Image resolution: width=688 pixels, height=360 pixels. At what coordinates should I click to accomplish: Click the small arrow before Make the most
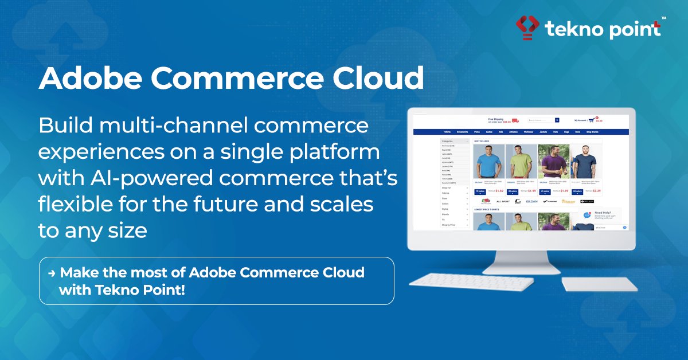click(x=52, y=273)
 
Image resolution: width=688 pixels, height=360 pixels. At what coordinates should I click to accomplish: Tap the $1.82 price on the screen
click(x=499, y=190)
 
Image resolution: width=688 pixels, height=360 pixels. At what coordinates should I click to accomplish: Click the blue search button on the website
click(x=557, y=120)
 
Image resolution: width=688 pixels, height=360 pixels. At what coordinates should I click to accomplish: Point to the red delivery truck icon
click(x=515, y=120)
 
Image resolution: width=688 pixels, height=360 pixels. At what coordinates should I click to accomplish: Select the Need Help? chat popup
click(x=602, y=215)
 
